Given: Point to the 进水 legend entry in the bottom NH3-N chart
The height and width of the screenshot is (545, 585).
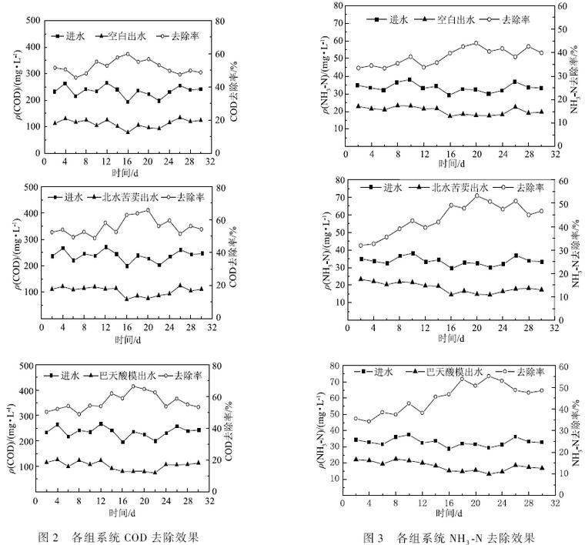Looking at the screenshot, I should tap(377, 372).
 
